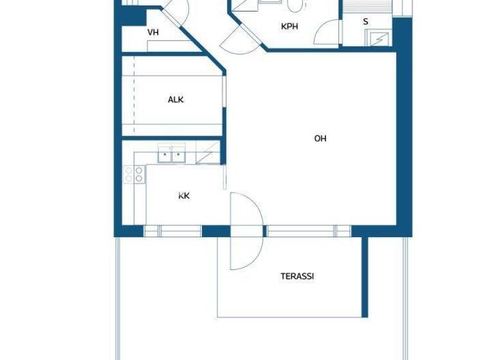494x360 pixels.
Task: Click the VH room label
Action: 153,32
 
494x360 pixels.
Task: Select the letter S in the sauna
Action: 365,22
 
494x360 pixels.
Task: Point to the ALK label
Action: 176,100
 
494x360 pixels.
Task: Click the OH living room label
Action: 320,138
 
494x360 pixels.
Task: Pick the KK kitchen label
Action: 184,196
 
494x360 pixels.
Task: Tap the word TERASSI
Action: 297,276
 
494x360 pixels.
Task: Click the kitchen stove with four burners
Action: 134,174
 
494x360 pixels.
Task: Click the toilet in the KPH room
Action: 295,6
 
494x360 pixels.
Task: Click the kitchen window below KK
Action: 172,231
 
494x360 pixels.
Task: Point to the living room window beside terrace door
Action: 301,231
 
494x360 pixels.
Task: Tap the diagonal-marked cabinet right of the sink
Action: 207,154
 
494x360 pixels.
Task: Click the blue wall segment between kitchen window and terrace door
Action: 215,231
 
